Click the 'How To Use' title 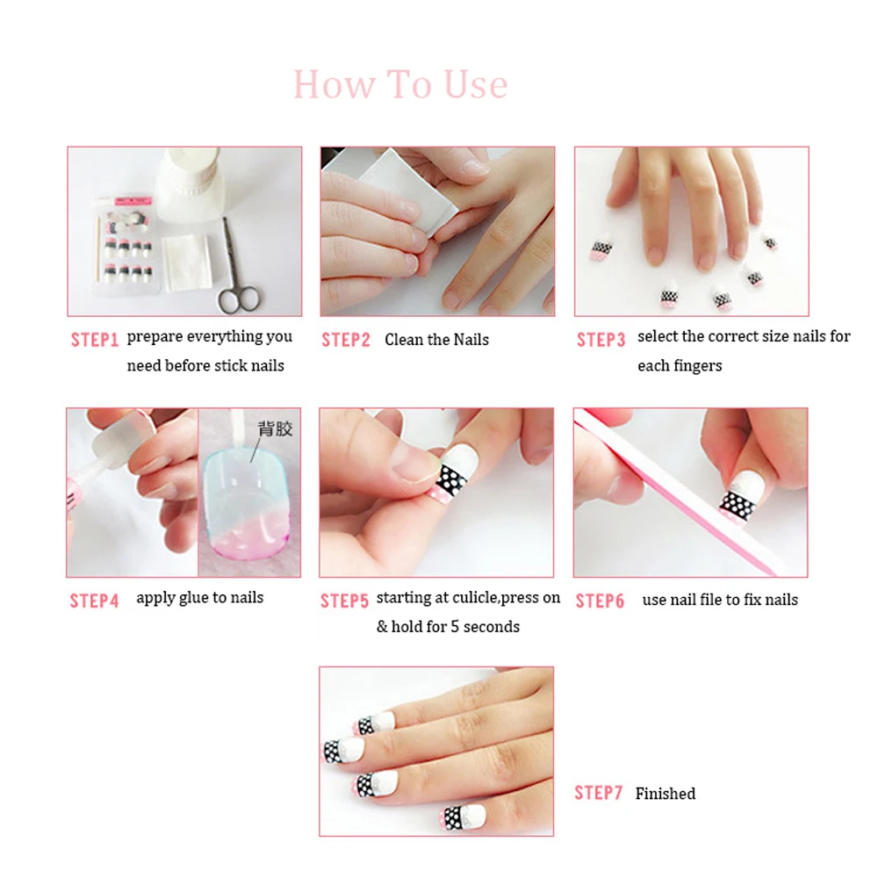[400, 85]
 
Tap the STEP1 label [94, 340]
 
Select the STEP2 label [346, 340]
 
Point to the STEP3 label [601, 340]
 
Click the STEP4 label [94, 601]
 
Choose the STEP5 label [344, 601]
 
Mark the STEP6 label [600, 601]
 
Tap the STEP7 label [598, 793]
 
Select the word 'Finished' [665, 794]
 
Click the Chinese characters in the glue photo [275, 429]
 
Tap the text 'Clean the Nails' [436, 340]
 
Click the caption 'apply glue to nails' [199, 598]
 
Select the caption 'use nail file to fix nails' [720, 601]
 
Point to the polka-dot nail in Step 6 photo [738, 503]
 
